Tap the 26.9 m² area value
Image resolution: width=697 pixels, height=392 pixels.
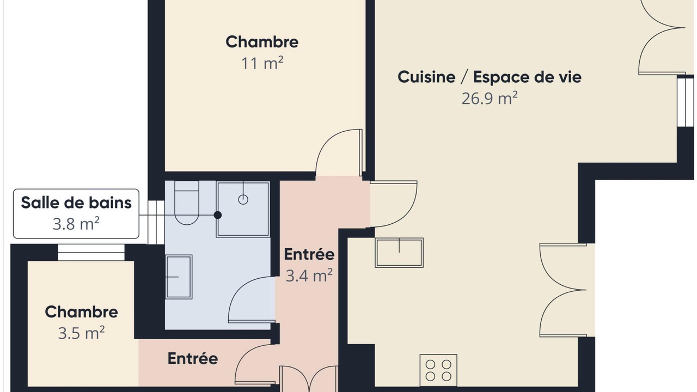490,99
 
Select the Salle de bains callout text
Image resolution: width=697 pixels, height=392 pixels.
76,203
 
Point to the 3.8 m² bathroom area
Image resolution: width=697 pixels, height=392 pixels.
76,224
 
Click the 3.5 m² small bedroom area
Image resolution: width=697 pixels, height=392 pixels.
82,333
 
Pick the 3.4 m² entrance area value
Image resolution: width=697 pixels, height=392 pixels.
309,275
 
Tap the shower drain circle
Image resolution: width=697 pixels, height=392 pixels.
243,199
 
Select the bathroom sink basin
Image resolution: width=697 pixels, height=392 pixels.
179,277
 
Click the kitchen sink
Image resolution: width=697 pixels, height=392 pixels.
399,253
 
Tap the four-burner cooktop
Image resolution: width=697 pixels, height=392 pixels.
438,370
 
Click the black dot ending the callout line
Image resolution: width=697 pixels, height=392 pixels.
218,215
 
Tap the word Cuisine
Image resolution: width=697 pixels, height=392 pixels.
426,77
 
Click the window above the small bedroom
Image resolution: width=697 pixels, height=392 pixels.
91,252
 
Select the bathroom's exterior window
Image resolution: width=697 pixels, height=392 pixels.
156,222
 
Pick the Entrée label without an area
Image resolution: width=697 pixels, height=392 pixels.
193,359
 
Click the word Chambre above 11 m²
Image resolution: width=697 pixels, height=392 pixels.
262,42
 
